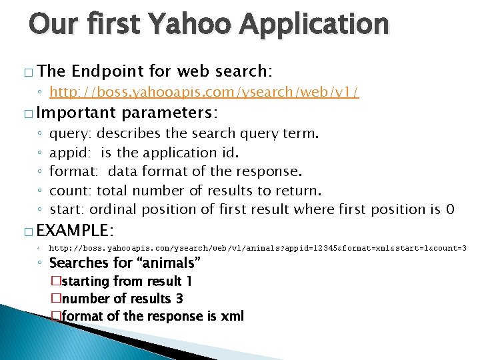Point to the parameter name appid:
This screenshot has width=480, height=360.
pyautogui.click(x=71, y=153)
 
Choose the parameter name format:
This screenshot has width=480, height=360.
pyautogui.click(x=73, y=171)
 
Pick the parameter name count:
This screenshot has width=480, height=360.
pyautogui.click(x=71, y=191)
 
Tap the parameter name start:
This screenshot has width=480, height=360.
pyautogui.click(x=68, y=209)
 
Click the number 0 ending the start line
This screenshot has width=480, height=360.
pyautogui.click(x=451, y=209)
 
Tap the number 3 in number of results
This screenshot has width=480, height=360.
pyautogui.click(x=179, y=299)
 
